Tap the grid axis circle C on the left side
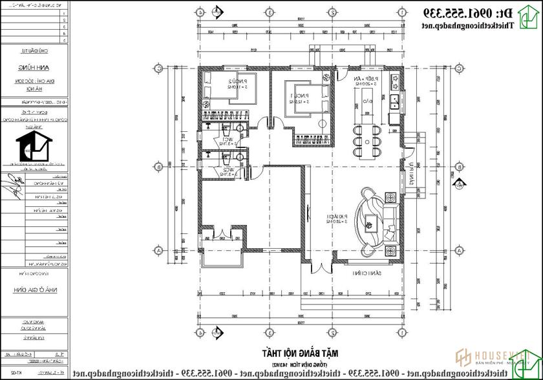[x=157, y=69]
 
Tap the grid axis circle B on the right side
[x=460, y=167]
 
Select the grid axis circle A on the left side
[x=157, y=250]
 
